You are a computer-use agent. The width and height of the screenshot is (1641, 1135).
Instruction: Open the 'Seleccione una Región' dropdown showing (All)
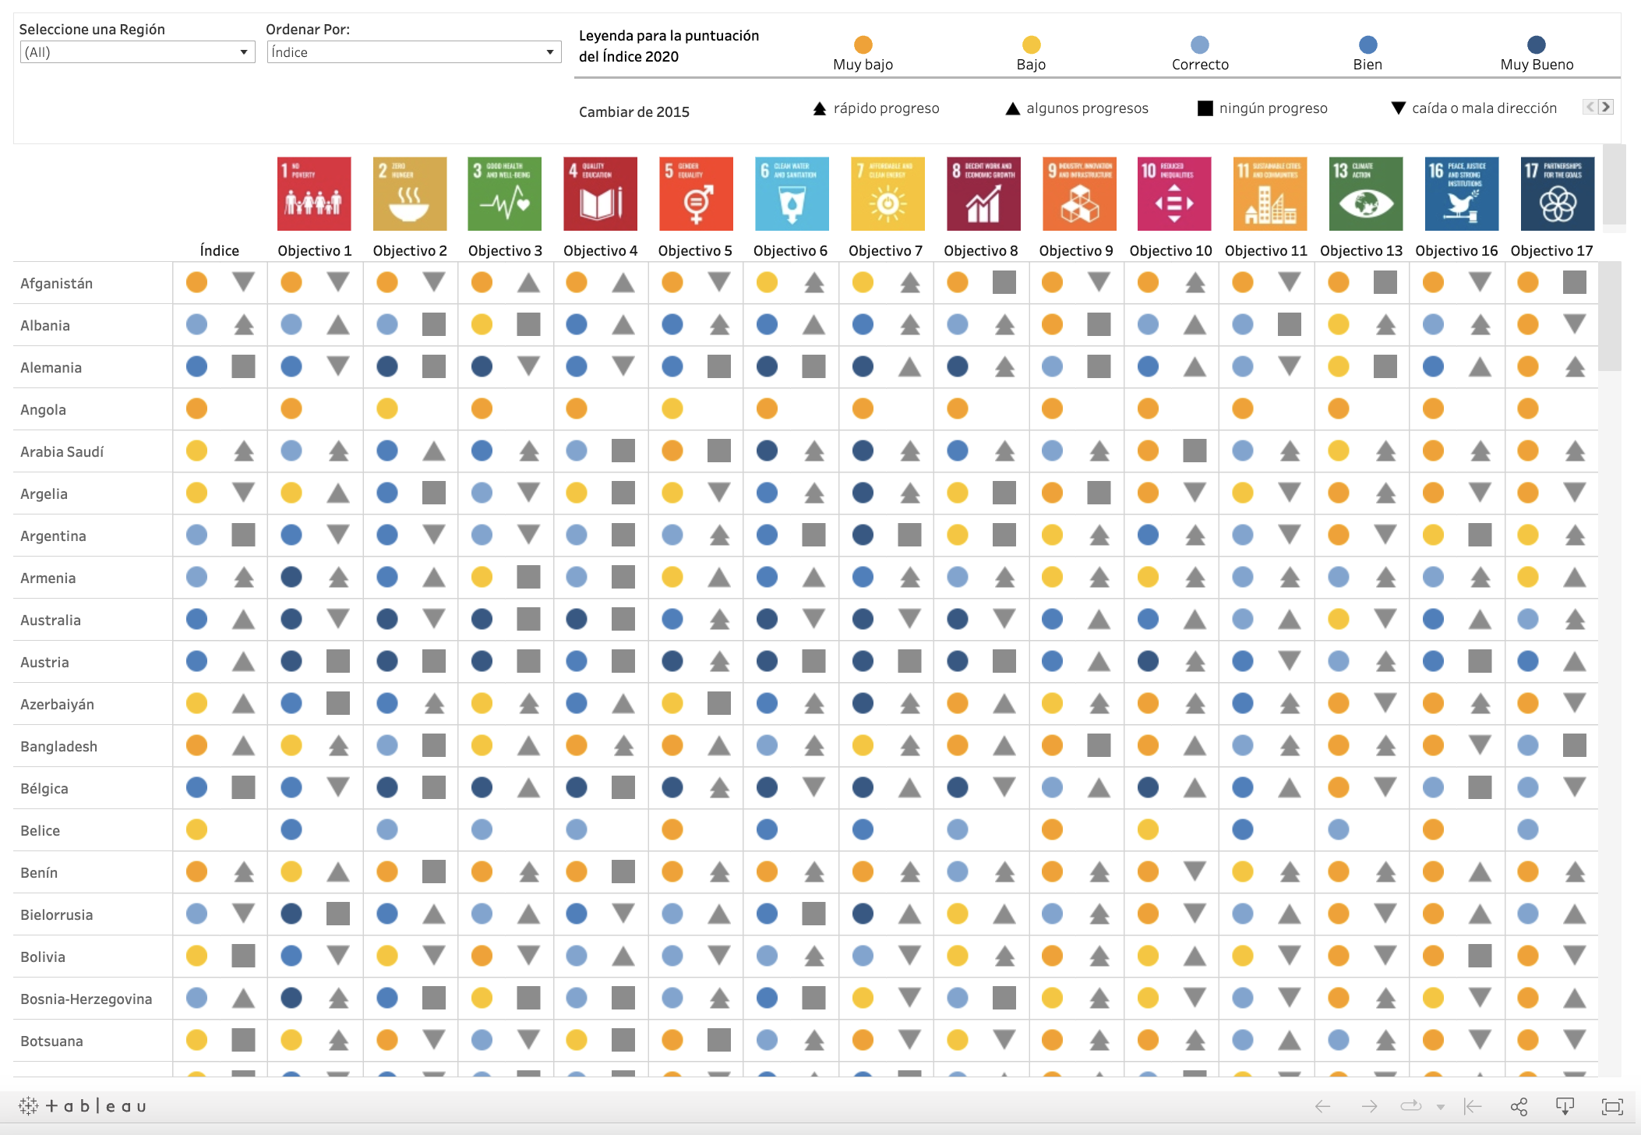pos(136,52)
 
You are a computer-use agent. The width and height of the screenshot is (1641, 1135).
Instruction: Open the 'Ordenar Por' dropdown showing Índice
pos(413,52)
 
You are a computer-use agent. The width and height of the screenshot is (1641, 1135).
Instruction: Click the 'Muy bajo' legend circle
pos(863,44)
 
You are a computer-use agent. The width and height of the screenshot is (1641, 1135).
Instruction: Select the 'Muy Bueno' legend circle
pos(1536,44)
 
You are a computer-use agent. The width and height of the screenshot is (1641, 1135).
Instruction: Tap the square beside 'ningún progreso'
pos(1205,108)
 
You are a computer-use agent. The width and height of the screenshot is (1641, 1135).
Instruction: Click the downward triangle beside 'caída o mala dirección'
pos(1399,108)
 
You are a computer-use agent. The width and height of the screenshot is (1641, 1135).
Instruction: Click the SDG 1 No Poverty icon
pos(314,194)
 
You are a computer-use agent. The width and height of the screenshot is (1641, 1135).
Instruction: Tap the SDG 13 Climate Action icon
pos(1365,194)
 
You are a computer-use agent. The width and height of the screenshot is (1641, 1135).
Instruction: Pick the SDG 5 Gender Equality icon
pos(696,194)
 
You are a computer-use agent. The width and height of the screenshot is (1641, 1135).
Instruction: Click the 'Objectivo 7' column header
pos(885,250)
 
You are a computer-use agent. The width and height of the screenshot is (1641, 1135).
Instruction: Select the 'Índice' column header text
pos(219,250)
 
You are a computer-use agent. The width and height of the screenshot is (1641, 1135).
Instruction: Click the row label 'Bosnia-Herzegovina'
pos(86,999)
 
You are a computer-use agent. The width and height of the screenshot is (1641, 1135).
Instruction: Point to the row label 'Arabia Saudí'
pos(62,451)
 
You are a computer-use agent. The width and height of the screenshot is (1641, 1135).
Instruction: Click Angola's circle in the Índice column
pos(196,408)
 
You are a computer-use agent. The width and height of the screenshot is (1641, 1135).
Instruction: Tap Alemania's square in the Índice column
pos(243,366)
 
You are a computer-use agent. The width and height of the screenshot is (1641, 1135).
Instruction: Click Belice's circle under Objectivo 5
pos(672,829)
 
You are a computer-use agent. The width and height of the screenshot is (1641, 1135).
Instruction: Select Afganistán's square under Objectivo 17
pos(1574,282)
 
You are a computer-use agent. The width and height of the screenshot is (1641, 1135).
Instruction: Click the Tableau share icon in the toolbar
pos(1519,1106)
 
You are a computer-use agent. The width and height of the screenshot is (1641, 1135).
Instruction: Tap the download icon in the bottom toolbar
pos(1565,1106)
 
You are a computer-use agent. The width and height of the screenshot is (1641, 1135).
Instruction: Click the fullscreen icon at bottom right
pos(1611,1106)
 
